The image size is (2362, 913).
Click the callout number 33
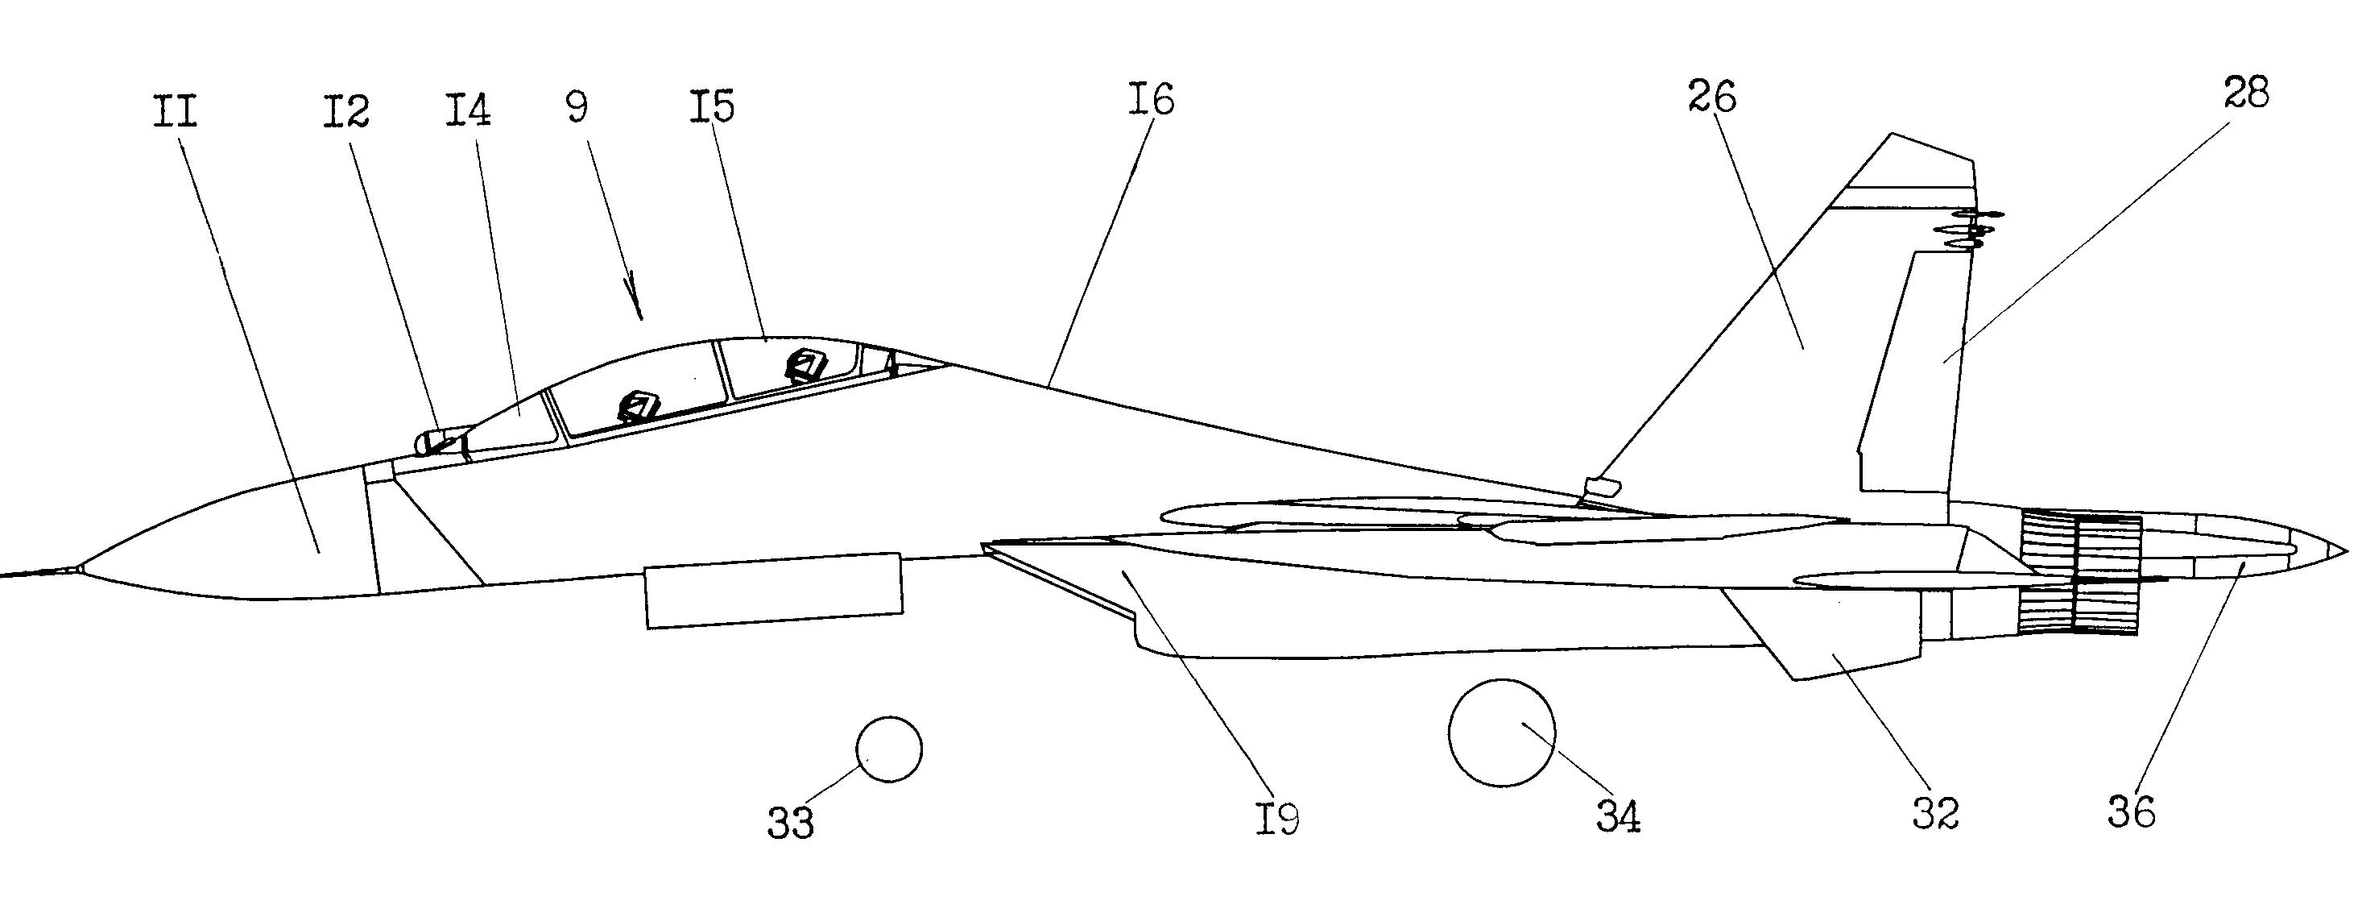tap(790, 823)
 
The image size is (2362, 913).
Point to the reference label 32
tap(1936, 812)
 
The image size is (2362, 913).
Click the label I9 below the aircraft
tap(1277, 818)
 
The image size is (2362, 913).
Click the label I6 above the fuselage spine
tap(1151, 98)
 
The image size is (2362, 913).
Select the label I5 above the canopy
tap(713, 106)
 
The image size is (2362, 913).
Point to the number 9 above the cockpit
tap(577, 106)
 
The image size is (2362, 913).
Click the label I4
tap(468, 110)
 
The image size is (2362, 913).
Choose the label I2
tap(345, 111)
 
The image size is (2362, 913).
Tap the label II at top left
tap(175, 112)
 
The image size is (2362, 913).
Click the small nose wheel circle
tap(889, 749)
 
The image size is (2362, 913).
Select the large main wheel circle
tap(1502, 732)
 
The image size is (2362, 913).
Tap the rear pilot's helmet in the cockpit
tap(807, 365)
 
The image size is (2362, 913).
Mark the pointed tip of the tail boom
tap(2348, 551)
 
